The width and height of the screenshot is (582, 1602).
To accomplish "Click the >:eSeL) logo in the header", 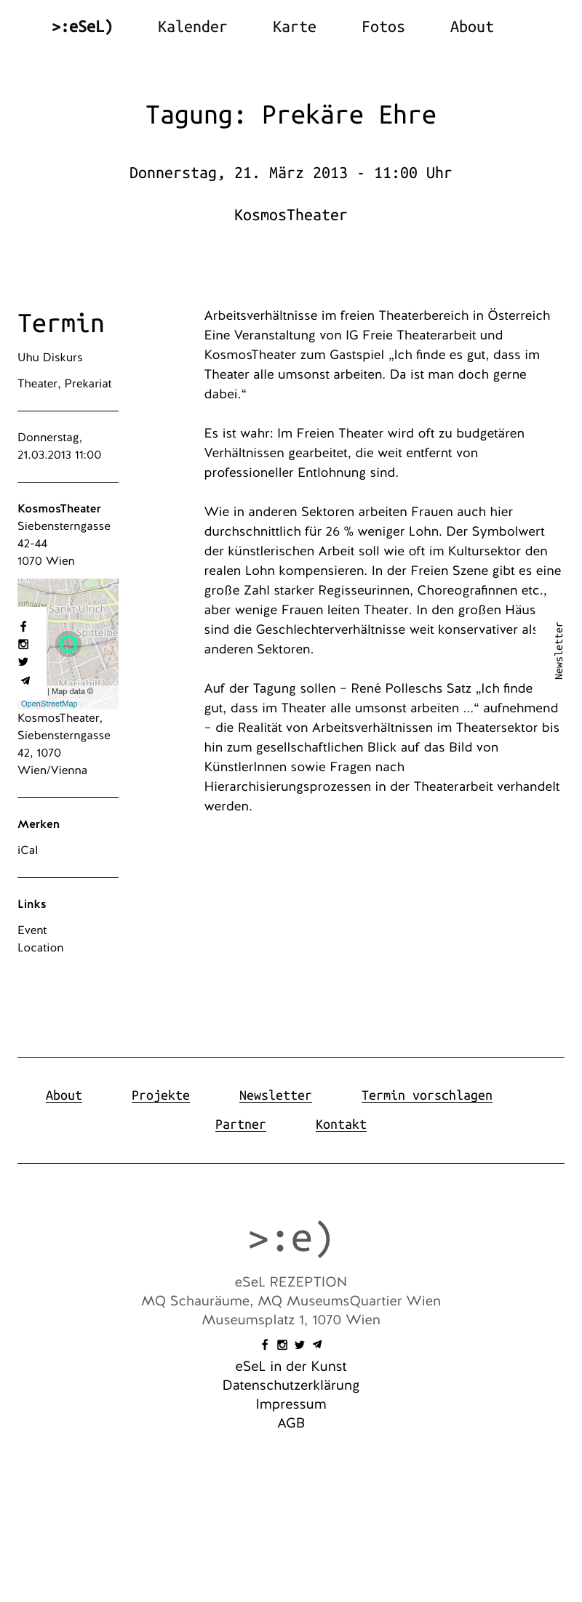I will click(x=82, y=27).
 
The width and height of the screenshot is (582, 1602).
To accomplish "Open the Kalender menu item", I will click(x=192, y=27).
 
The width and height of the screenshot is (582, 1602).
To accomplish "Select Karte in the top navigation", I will click(x=294, y=27).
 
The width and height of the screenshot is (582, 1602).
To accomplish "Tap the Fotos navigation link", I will click(x=383, y=27).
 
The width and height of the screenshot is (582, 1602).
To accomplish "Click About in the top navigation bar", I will click(x=471, y=27).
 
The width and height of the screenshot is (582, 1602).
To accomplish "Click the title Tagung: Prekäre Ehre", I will click(x=290, y=115).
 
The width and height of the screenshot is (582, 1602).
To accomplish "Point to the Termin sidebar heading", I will click(x=61, y=323).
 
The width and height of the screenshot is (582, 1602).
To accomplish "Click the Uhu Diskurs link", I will click(x=50, y=358).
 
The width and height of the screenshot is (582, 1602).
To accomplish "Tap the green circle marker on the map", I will click(x=68, y=643).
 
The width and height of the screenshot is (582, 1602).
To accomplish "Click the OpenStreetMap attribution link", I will click(x=49, y=704).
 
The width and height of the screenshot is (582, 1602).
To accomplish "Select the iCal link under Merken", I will click(x=28, y=850).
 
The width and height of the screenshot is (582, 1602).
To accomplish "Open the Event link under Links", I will click(x=32, y=930).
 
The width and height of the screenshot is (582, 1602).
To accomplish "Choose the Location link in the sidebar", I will click(x=41, y=948).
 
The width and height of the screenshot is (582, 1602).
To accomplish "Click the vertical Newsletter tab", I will click(x=559, y=651).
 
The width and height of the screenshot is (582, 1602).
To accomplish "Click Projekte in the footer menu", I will click(x=161, y=1095).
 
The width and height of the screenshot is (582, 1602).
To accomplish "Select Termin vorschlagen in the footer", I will click(x=426, y=1095).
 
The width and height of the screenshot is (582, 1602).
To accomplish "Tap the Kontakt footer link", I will click(x=340, y=1124).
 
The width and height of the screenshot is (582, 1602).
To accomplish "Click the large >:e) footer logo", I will click(x=290, y=1238).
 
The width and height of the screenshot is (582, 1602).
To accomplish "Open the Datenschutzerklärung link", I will click(x=290, y=1385).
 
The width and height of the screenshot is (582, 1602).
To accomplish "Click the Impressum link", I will click(x=290, y=1404).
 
